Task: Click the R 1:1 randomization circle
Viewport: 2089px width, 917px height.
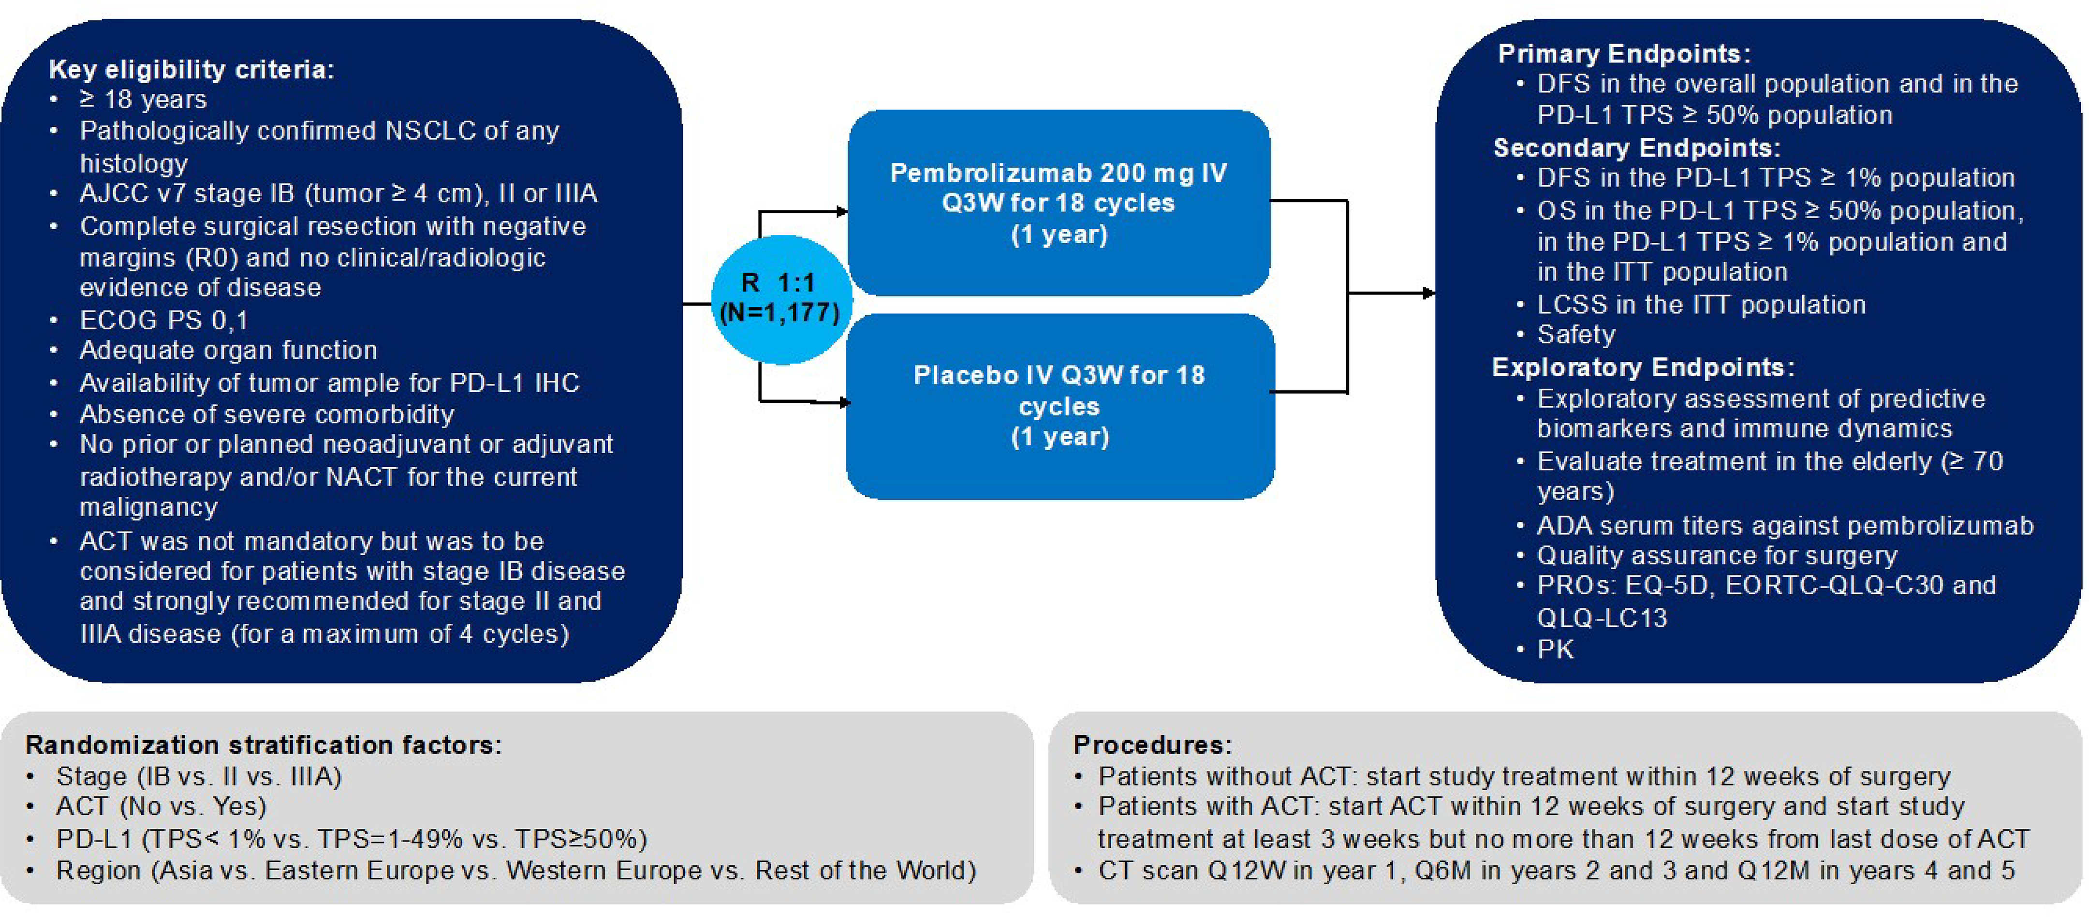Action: [780, 298]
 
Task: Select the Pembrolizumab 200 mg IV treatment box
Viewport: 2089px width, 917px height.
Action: [1059, 203]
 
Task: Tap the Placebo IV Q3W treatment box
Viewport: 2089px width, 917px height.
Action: [1059, 405]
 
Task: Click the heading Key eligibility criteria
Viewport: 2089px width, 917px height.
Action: [191, 70]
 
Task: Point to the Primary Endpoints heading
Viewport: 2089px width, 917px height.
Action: [1623, 54]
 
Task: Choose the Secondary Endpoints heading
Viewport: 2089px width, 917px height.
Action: [1636, 148]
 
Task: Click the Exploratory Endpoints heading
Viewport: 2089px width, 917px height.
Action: [1643, 367]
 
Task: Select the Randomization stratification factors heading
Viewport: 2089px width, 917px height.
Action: [264, 744]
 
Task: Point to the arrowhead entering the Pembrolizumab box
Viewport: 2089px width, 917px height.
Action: [842, 212]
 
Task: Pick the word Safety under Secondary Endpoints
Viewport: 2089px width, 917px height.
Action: [1575, 334]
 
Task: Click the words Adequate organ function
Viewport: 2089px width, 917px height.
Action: [228, 350]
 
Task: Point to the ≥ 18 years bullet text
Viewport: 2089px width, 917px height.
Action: [143, 100]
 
